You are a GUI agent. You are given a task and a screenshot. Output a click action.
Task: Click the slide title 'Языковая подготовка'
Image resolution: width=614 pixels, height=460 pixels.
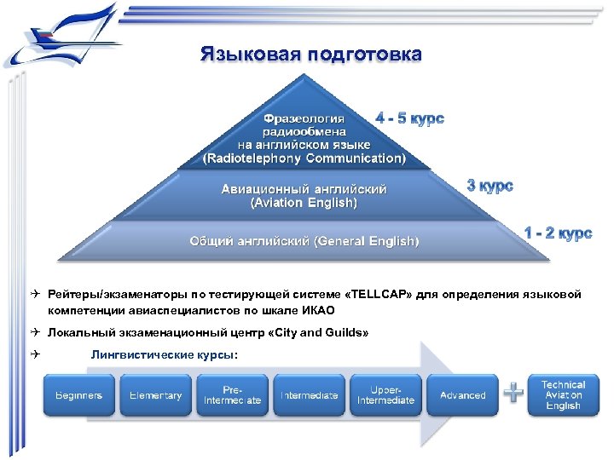[x=310, y=55]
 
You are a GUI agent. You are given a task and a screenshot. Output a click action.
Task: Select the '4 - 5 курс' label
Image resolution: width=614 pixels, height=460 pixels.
[x=409, y=118]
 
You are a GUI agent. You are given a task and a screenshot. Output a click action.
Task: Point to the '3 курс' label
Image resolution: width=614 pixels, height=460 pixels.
[x=490, y=185]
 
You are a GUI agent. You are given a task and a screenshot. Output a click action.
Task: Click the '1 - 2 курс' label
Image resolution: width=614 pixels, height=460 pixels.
[x=557, y=233]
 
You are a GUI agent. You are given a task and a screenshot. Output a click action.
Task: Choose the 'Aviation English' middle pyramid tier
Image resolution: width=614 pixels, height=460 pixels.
[x=304, y=196]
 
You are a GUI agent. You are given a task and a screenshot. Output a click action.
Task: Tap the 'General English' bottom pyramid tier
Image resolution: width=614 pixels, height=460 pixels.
[x=304, y=241]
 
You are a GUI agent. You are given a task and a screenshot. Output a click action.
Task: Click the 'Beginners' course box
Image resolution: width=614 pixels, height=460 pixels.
[x=79, y=395]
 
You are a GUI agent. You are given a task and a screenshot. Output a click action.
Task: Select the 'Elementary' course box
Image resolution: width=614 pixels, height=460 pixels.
[x=155, y=395]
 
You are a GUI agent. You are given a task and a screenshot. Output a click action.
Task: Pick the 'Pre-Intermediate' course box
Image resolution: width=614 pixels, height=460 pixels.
[x=232, y=395]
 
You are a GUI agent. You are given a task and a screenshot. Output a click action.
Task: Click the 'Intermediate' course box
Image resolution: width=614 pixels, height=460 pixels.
[x=308, y=395]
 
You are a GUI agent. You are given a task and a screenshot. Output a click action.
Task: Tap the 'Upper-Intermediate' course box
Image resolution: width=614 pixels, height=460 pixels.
[x=385, y=395]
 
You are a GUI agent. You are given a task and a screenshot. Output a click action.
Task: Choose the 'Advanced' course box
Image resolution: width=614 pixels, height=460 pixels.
[x=462, y=395]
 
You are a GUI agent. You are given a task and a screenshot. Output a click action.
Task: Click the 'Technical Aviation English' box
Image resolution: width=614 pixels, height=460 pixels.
[x=563, y=395]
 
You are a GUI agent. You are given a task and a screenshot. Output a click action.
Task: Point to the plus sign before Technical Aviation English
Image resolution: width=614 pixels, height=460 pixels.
[x=513, y=393]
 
